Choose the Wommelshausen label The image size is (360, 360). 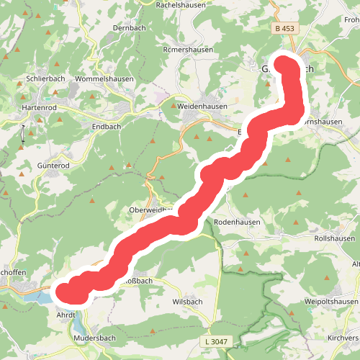pos(106,78)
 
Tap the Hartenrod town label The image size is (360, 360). pos(40,107)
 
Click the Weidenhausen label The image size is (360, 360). pos(202,106)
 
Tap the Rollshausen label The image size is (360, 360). pos(335,238)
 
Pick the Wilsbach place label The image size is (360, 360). pos(189,302)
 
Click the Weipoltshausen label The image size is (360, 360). pos(331,301)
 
